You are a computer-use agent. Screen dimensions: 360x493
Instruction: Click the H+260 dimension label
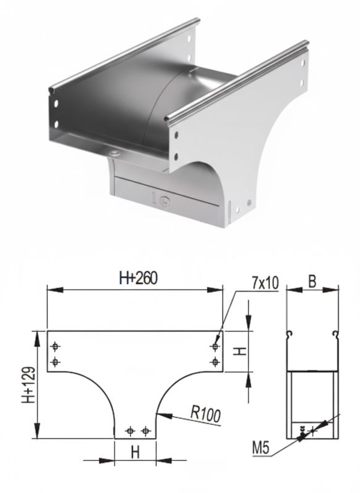coord(138,278)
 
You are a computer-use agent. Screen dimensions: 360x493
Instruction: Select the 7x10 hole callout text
coord(265,283)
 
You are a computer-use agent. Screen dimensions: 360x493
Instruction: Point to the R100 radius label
coord(206,414)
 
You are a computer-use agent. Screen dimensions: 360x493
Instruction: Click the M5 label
coord(261,449)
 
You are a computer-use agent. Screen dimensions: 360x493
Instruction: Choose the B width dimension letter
coord(312,282)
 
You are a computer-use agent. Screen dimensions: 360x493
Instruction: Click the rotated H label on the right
coord(241,351)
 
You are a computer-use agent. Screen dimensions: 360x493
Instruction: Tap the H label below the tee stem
coord(135,453)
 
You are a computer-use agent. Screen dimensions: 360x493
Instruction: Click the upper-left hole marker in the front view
coord(55,346)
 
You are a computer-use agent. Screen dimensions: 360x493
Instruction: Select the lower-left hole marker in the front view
coord(55,362)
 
